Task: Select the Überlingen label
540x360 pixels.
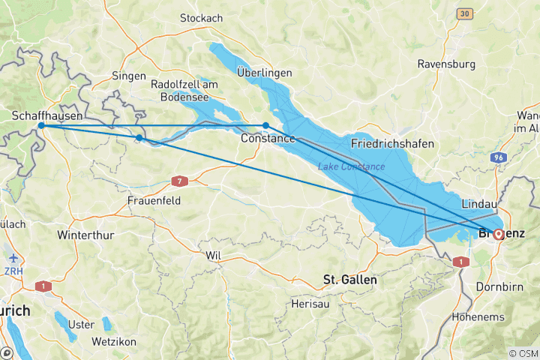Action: click(262, 73)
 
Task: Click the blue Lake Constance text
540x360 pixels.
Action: click(351, 166)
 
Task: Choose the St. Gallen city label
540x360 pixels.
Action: click(350, 279)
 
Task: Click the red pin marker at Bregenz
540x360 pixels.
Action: click(497, 234)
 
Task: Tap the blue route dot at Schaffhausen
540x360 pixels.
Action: click(41, 126)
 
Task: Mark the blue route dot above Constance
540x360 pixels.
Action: click(265, 125)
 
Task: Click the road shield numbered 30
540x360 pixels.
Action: click(465, 13)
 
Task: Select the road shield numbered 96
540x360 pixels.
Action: click(498, 158)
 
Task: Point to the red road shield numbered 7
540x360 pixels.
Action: click(178, 181)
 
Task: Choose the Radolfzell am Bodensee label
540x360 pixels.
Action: click(184, 89)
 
